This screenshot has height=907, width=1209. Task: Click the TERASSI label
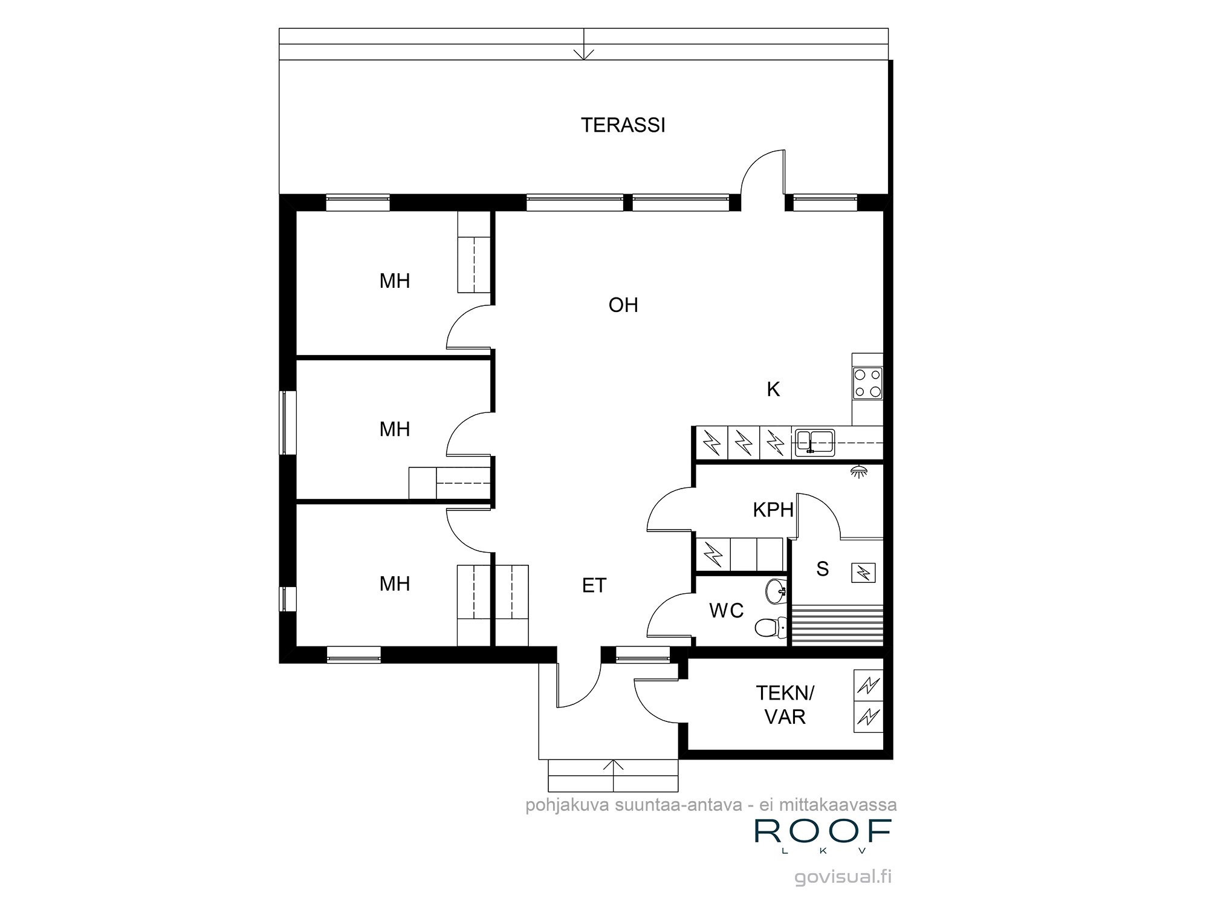(623, 125)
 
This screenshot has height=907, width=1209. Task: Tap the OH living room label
(623, 305)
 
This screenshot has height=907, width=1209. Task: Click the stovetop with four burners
(867, 383)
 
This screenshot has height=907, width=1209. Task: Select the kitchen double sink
(814, 441)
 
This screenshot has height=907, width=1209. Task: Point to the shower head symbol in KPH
(857, 470)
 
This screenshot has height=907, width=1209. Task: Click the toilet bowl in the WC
(768, 628)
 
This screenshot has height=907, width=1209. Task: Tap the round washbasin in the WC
(774, 591)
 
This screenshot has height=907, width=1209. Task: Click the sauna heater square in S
(863, 572)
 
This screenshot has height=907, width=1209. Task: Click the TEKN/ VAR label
(785, 704)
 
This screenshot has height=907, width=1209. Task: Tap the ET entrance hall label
(594, 585)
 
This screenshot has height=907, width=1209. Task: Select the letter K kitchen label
(773, 389)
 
